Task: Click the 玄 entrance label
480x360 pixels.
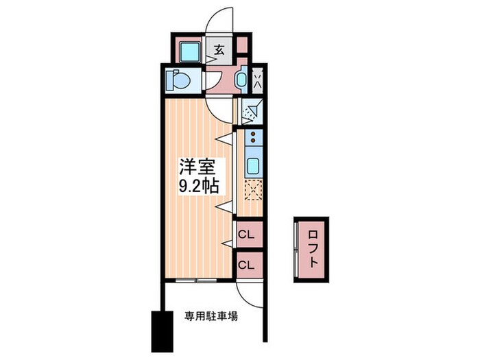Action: click(x=219, y=49)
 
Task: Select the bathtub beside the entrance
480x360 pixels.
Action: click(x=189, y=51)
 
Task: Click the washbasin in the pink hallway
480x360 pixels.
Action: click(x=241, y=80)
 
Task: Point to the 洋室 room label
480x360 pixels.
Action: click(x=197, y=167)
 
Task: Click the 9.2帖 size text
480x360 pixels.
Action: click(x=199, y=185)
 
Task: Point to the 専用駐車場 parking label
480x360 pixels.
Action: click(x=211, y=316)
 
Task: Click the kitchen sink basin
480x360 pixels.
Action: click(x=254, y=165)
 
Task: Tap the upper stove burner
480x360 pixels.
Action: click(x=253, y=134)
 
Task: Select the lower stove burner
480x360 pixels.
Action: click(x=253, y=141)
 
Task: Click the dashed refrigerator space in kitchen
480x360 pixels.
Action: click(x=254, y=190)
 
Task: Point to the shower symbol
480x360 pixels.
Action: click(x=252, y=111)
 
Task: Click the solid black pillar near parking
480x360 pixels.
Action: click(x=163, y=332)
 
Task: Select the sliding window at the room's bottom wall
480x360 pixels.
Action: click(x=196, y=280)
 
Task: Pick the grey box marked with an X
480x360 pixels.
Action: click(x=258, y=80)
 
